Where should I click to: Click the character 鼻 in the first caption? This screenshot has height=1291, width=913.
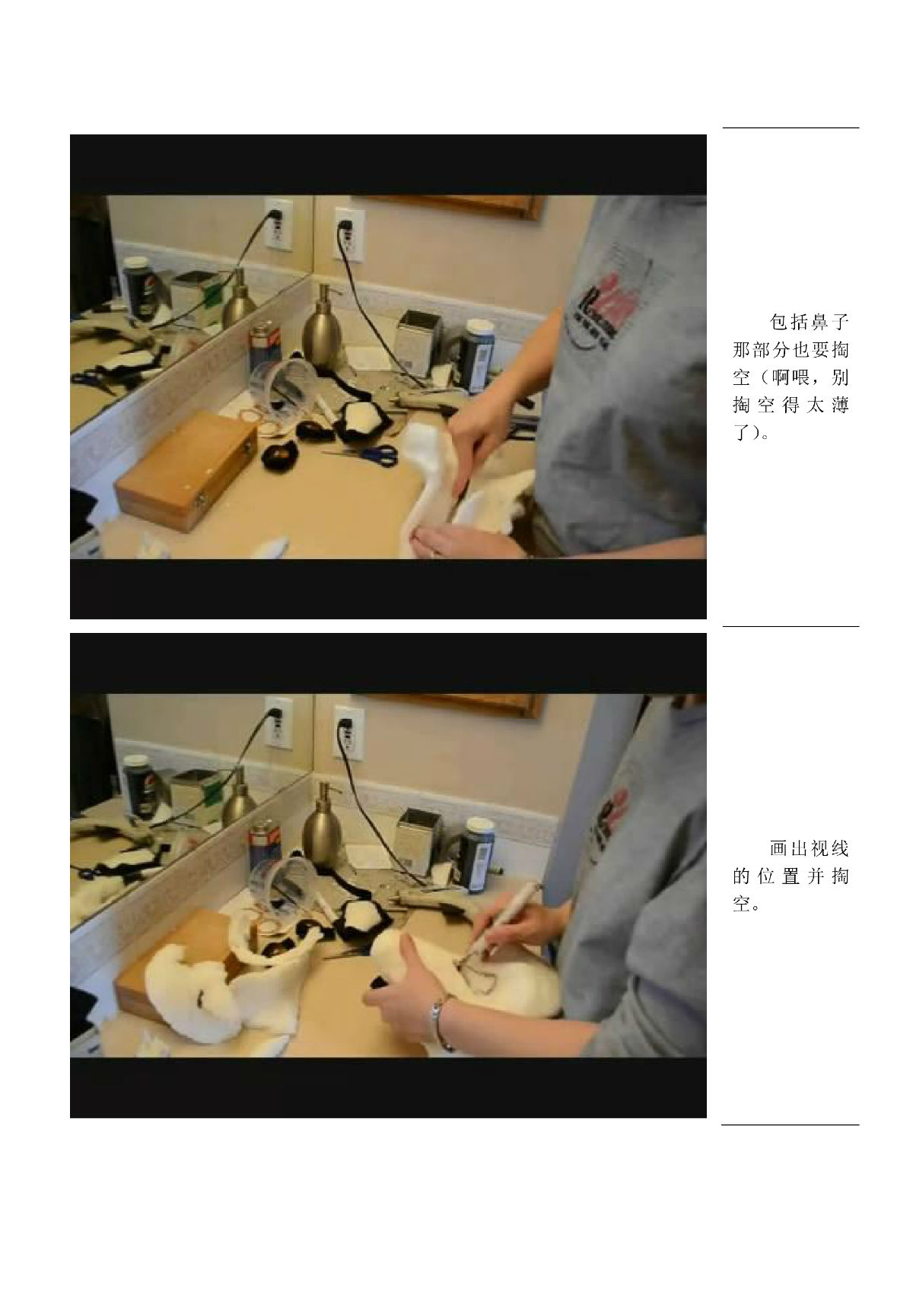817,322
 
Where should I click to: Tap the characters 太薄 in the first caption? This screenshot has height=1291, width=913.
828,405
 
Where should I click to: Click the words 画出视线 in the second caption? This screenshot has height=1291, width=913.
810,849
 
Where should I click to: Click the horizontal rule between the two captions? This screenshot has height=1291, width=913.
791,626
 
